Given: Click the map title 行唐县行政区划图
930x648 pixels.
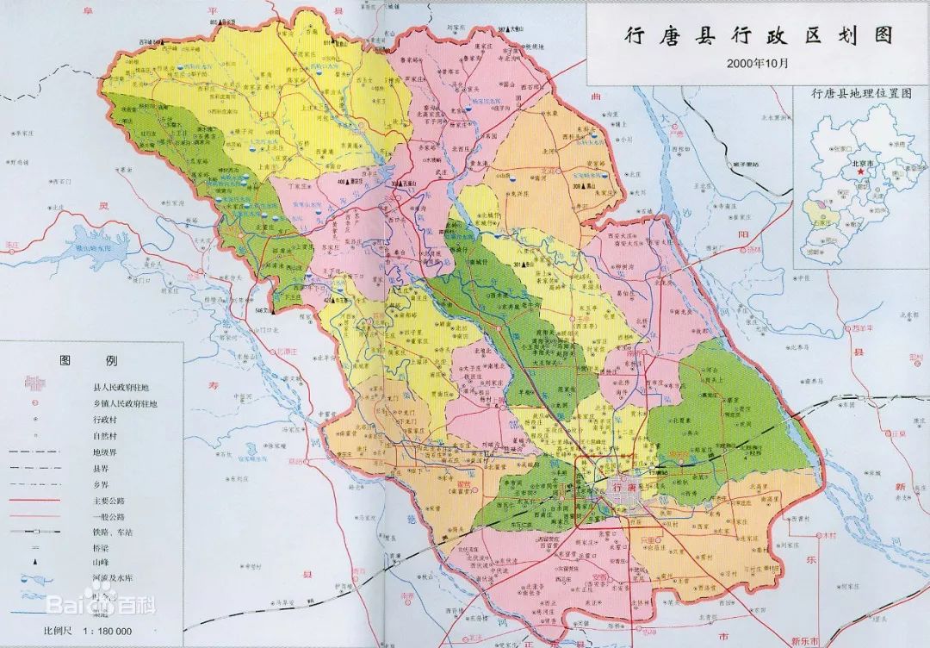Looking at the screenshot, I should (x=758, y=36).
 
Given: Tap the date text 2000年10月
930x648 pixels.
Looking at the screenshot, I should (x=757, y=63).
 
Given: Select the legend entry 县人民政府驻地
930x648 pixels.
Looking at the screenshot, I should (x=120, y=388).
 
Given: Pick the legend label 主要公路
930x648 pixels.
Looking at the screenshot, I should (x=102, y=499).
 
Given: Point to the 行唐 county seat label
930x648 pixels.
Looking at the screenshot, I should (x=623, y=487).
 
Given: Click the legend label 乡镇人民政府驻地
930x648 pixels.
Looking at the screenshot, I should (x=125, y=403).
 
